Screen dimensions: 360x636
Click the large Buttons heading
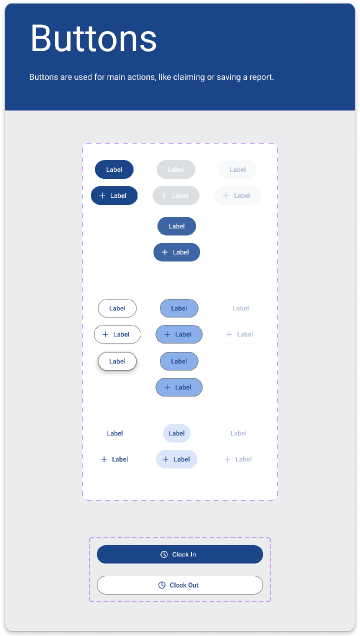[93, 39]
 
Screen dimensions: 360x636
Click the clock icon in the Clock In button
[164, 554]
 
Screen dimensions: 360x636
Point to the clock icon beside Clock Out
[162, 585]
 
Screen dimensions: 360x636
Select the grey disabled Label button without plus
[176, 170]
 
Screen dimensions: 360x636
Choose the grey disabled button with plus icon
[176, 196]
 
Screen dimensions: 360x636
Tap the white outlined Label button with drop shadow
[117, 360]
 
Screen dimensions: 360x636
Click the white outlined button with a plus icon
[117, 334]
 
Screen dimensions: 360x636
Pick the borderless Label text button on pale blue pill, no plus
[177, 433]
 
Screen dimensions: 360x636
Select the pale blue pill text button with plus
[176, 459]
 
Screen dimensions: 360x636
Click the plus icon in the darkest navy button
[103, 196]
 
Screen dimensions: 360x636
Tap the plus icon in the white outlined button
[105, 334]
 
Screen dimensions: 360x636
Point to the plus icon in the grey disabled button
[165, 196]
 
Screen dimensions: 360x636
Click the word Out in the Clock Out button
[192, 585]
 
